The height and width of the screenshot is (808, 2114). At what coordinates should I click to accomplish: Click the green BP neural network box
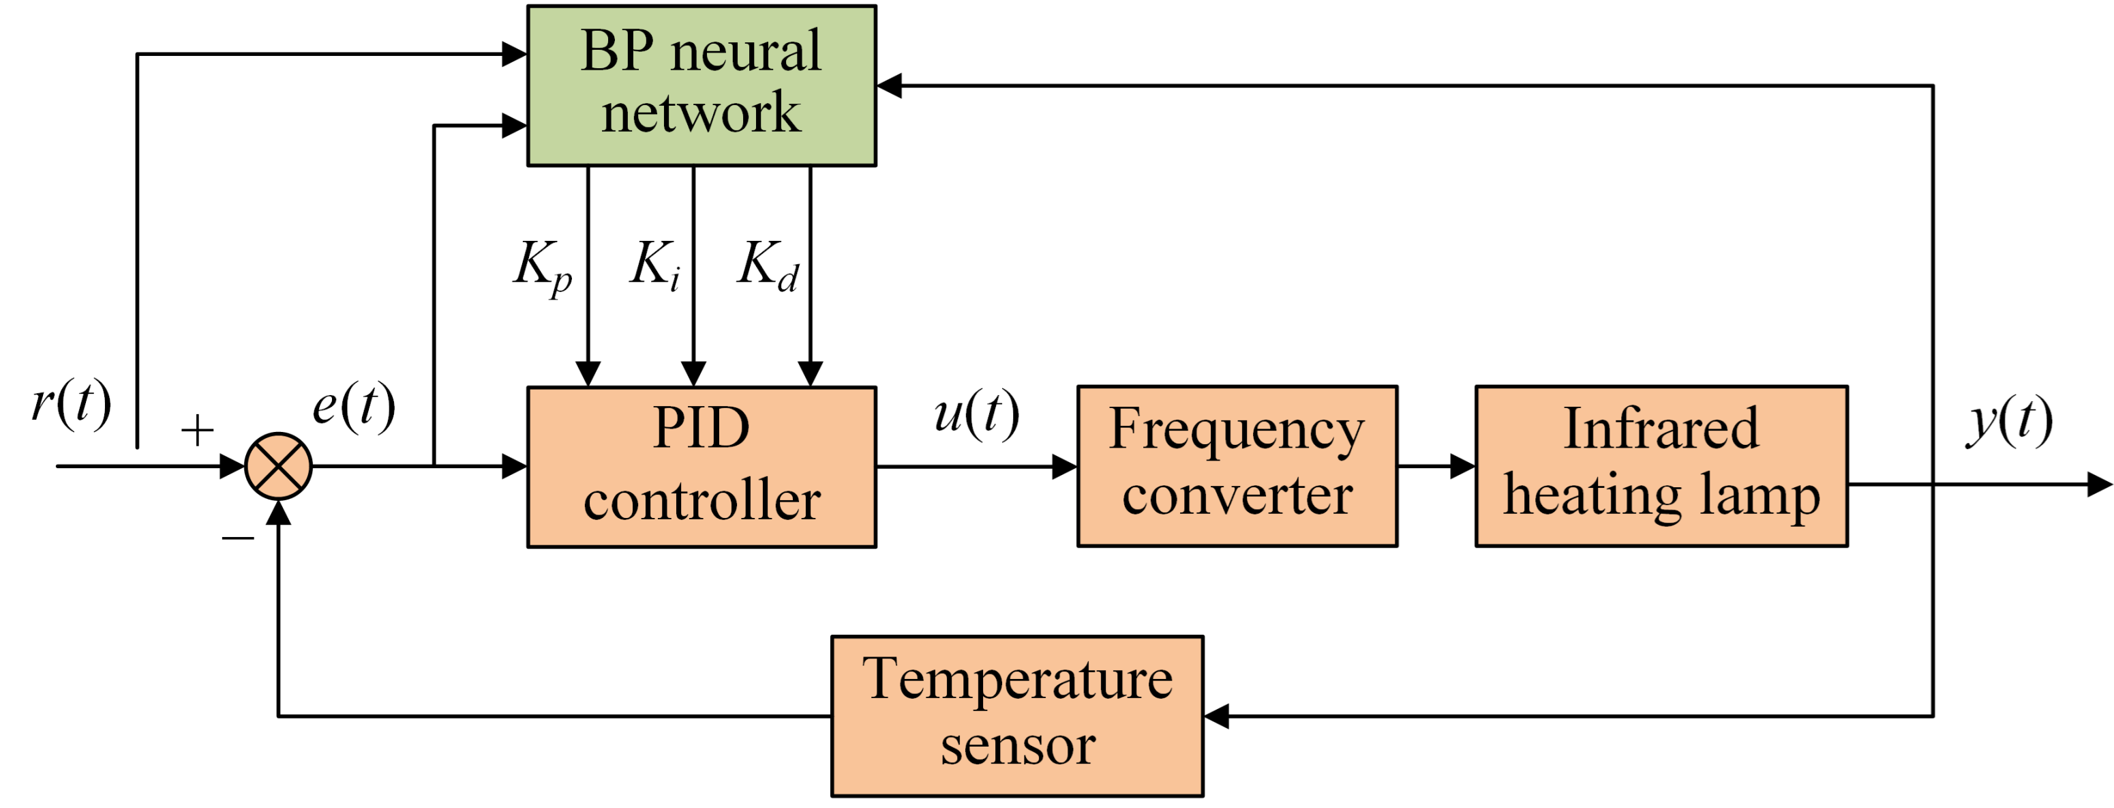coord(701,85)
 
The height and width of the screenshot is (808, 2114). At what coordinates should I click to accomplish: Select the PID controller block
coord(701,466)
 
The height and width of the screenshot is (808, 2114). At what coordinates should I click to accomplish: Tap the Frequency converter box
coord(1237,465)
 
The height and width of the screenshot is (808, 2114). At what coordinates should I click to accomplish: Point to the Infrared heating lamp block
coord(1661,465)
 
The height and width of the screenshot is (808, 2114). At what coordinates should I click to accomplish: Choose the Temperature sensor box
coord(1017,715)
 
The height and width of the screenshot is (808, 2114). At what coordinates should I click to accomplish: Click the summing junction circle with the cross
coord(278,466)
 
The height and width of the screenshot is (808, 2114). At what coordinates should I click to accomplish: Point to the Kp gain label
coord(543,267)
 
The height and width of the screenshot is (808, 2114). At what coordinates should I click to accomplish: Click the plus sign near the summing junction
coord(197,429)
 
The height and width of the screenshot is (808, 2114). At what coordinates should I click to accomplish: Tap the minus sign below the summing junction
coord(238,538)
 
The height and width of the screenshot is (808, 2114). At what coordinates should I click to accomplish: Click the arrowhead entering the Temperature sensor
coord(1216,716)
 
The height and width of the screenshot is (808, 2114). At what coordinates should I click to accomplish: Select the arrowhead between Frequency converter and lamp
coord(1462,466)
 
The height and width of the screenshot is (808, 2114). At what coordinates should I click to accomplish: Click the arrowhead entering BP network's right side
coord(890,85)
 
